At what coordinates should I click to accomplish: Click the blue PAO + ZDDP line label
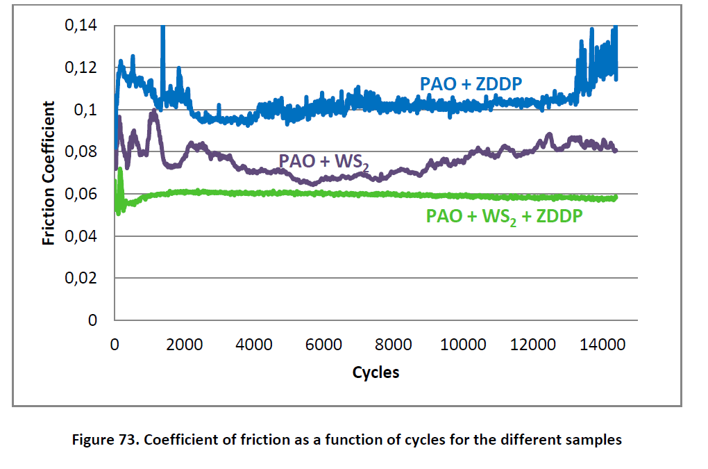pyautogui.click(x=471, y=84)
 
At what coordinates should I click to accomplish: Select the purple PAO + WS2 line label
pyautogui.click(x=323, y=161)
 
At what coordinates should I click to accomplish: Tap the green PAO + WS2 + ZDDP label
pyautogui.click(x=504, y=216)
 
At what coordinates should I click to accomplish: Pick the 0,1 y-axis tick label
pyautogui.click(x=86, y=110)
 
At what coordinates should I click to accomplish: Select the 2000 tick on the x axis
pyautogui.click(x=185, y=344)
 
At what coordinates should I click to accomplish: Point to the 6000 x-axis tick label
pyautogui.click(x=324, y=344)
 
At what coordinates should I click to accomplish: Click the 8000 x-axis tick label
pyautogui.click(x=394, y=344)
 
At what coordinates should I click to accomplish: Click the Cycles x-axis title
pyautogui.click(x=376, y=372)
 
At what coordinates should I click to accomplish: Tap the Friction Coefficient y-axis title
pyautogui.click(x=49, y=173)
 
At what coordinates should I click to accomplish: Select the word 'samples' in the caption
pyautogui.click(x=596, y=439)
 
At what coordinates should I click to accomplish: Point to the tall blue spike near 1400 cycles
pyautogui.click(x=162, y=42)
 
